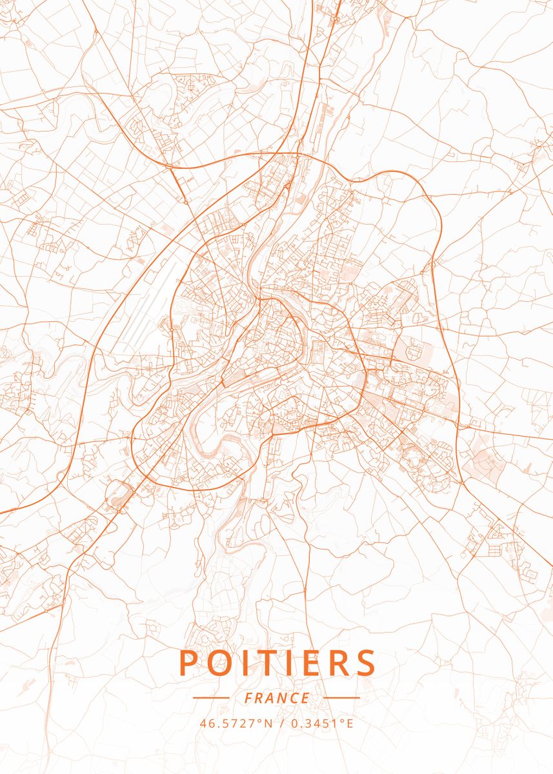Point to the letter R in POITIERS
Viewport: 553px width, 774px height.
tap(334, 663)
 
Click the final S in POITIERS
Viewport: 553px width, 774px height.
tap(365, 663)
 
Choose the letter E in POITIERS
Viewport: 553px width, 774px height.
tap(310, 663)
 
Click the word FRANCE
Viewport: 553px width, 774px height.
tap(277, 698)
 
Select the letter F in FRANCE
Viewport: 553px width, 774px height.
tap(248, 698)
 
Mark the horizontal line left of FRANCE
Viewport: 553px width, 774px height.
tap(211, 698)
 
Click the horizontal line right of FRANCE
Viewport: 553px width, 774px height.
tap(341, 698)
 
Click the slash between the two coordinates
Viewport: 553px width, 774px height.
tap(282, 723)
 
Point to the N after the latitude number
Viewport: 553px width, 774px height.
tap(269, 723)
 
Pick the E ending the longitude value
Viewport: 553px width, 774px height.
tap(350, 723)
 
